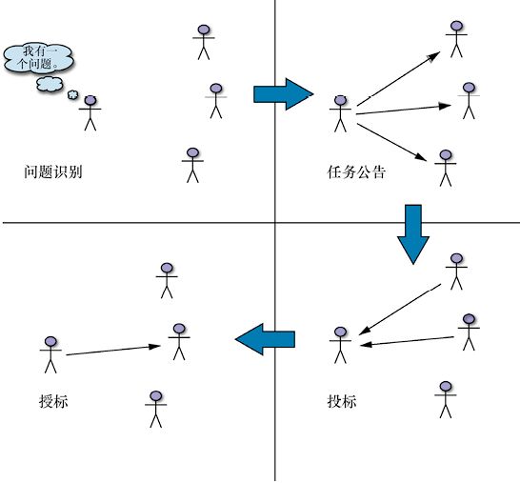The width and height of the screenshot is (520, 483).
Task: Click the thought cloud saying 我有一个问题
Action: [x=38, y=58]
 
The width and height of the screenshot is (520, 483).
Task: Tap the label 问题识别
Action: [x=53, y=171]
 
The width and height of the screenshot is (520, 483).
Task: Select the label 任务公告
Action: [x=356, y=171]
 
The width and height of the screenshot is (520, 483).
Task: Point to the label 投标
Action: [x=342, y=401]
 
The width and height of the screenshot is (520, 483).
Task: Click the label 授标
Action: [x=53, y=401]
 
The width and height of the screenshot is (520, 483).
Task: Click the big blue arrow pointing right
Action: [x=284, y=94]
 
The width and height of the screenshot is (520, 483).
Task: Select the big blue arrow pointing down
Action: [x=413, y=234]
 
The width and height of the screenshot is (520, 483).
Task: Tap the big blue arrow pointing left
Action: [x=265, y=339]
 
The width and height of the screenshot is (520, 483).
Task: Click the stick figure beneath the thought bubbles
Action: [x=90, y=113]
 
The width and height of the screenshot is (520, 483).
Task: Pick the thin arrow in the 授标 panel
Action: [x=113, y=351]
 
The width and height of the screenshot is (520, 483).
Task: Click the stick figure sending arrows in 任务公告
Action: [x=341, y=113]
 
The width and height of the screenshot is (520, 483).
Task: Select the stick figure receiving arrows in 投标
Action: [x=341, y=345]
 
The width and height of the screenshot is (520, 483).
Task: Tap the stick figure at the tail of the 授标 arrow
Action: [x=50, y=355]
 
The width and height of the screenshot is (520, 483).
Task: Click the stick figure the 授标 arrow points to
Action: [x=179, y=342]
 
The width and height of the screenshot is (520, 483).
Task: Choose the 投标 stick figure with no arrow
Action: [x=446, y=400]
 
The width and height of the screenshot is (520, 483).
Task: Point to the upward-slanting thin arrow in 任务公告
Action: [x=399, y=79]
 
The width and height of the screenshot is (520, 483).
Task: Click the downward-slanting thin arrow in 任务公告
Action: [x=391, y=142]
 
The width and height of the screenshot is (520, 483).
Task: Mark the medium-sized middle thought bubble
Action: [x=50, y=84]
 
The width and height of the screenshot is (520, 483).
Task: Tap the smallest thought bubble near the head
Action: [x=73, y=95]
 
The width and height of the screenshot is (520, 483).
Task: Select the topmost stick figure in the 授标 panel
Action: [x=167, y=281]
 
